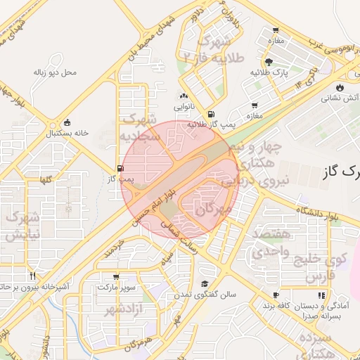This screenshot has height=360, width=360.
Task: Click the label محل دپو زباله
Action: tap(54, 72)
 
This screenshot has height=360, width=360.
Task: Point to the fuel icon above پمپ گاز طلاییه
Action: tap(211, 114)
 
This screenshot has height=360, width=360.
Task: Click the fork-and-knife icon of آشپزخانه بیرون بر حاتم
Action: tap(32, 276)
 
